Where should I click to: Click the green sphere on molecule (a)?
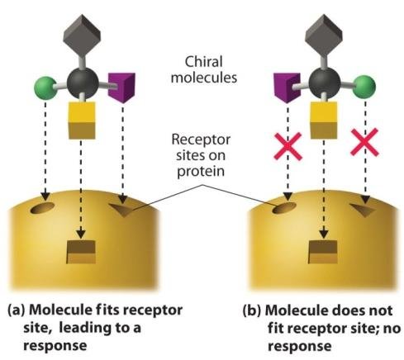tap(45, 88)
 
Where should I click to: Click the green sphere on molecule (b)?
tap(364, 87)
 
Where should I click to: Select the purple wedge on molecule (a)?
tap(121, 87)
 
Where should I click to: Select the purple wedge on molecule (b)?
tap(288, 88)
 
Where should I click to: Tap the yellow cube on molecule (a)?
tap(82, 121)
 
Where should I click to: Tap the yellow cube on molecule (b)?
tap(324, 121)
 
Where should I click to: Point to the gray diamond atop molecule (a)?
tap(82, 32)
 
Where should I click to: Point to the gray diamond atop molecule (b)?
tap(324, 32)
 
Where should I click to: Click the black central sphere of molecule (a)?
tap(83, 83)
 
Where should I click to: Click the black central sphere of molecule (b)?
tap(325, 83)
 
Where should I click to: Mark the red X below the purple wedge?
tap(288, 146)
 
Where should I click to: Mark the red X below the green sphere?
tap(364, 142)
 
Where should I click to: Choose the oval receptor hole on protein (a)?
tap(42, 208)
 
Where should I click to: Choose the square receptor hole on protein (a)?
tap(81, 252)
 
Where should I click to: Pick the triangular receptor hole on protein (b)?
tap(363, 210)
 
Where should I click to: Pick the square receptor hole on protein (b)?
tap(323, 252)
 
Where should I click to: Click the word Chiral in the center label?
tap(203, 62)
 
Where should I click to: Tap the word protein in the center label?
tap(201, 172)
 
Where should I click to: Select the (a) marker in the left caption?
tap(17, 310)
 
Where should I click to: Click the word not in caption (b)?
tap(381, 310)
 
